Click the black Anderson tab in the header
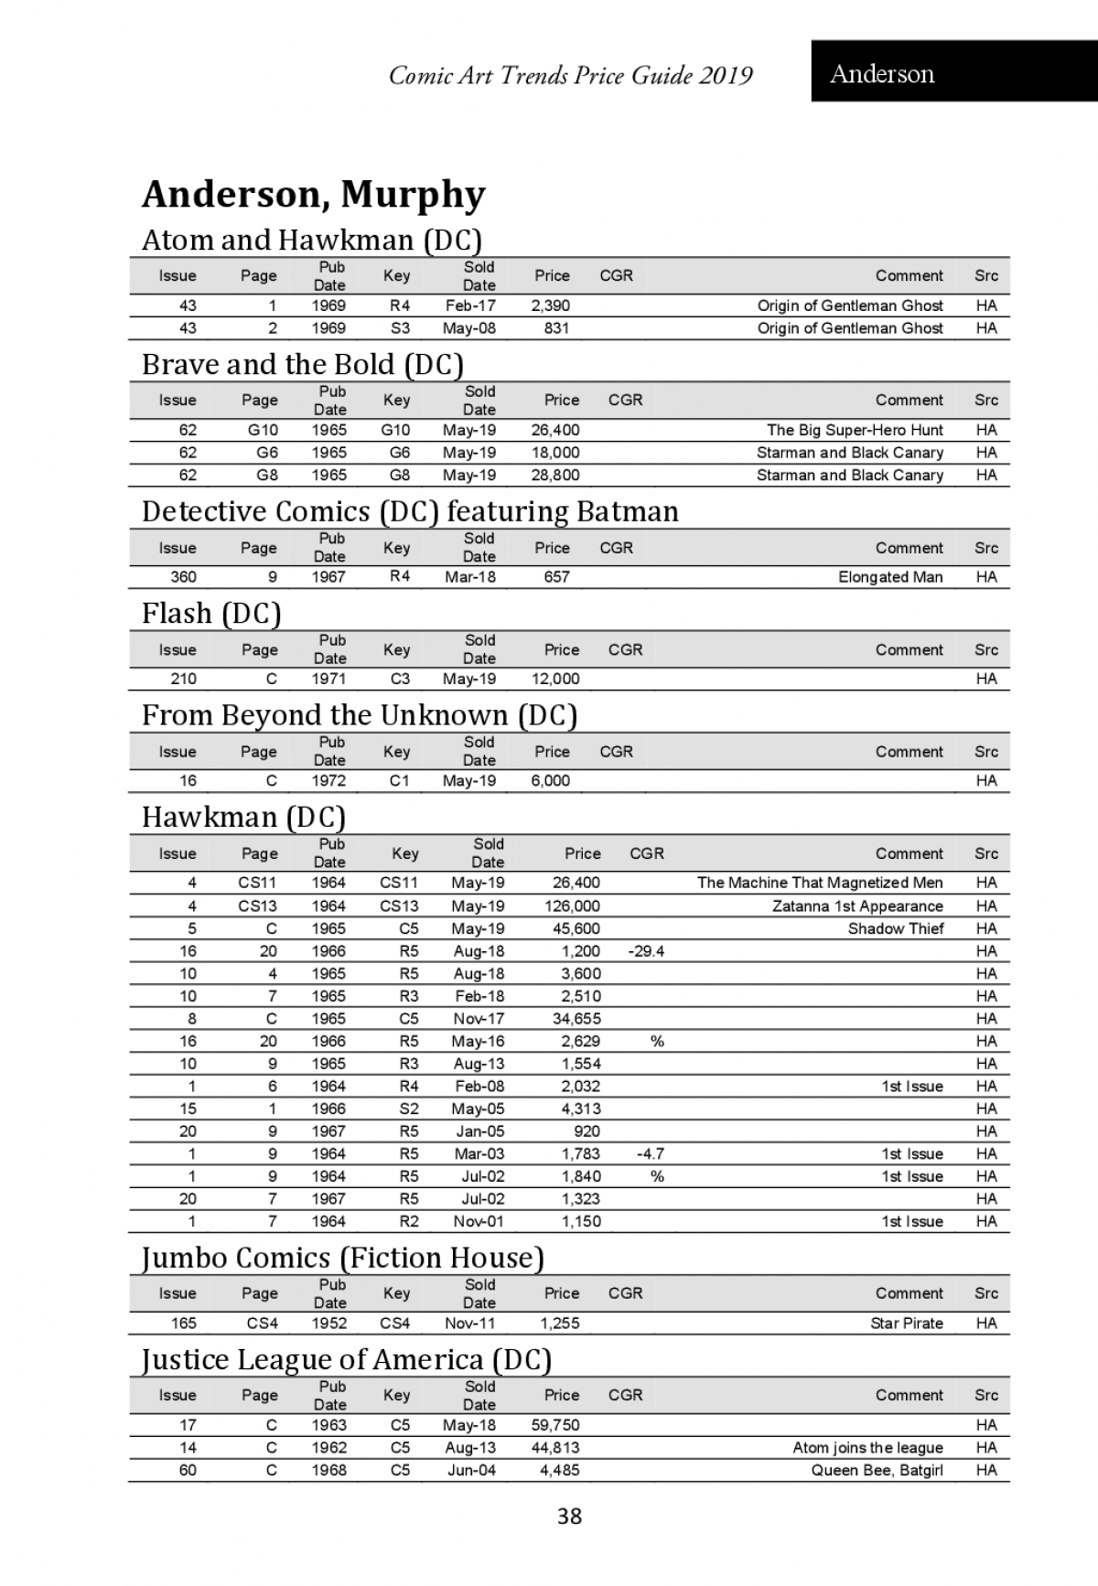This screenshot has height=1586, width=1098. click(x=953, y=71)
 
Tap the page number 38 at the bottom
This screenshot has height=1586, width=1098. click(x=569, y=1516)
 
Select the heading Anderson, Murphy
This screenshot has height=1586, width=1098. click(x=313, y=194)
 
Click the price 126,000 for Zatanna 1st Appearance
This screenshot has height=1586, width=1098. click(x=572, y=906)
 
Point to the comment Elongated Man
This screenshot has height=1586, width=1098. click(x=889, y=576)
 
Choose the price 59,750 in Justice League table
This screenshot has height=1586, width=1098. click(x=555, y=1424)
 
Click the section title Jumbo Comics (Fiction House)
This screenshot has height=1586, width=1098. click(x=342, y=1258)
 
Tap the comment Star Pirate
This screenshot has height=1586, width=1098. click(x=906, y=1323)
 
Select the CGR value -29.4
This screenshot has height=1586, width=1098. click(x=646, y=951)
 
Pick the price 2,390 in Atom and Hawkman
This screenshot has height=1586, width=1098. click(x=551, y=305)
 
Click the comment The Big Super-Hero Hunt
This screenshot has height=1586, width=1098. click(x=855, y=430)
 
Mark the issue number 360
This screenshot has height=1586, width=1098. click(x=183, y=576)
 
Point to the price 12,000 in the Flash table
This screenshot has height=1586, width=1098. click(x=555, y=679)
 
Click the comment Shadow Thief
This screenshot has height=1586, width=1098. click(x=895, y=928)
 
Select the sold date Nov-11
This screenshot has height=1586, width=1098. click(x=470, y=1323)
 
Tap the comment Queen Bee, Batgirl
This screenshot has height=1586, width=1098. click(x=877, y=1470)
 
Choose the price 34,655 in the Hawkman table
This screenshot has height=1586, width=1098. click(x=576, y=1018)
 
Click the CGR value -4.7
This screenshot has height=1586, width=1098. click(x=650, y=1153)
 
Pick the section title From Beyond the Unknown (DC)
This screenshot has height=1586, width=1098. click(x=359, y=714)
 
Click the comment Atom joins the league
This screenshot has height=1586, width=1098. click(x=867, y=1447)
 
